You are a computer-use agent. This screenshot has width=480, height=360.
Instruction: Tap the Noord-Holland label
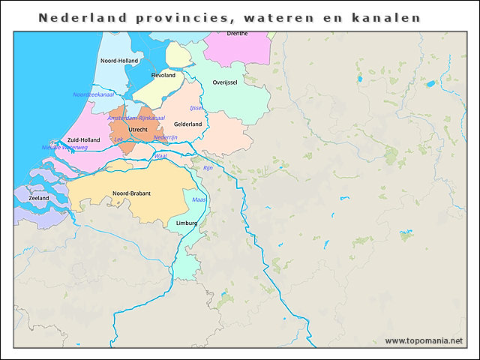(x=118, y=61)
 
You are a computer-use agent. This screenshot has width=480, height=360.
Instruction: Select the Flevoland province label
(x=163, y=76)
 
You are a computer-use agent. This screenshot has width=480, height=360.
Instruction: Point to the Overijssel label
(x=225, y=82)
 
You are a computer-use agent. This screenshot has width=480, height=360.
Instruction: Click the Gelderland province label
(x=187, y=124)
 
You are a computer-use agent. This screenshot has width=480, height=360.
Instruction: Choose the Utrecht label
(x=138, y=130)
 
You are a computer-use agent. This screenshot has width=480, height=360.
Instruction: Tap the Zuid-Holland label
(x=83, y=140)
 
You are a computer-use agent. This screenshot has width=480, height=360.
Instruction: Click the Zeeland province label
(x=39, y=198)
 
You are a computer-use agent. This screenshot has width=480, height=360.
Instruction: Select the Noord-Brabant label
(x=131, y=193)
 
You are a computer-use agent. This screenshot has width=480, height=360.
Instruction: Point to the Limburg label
(x=186, y=223)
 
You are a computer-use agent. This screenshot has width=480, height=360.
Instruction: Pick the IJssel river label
(x=197, y=108)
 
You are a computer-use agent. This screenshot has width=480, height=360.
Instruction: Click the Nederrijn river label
(x=165, y=138)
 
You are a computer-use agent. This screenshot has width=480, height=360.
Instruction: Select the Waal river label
(x=160, y=156)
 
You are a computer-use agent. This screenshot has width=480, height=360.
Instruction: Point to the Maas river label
(x=199, y=200)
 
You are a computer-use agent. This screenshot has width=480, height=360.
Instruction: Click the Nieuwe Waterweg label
(x=64, y=148)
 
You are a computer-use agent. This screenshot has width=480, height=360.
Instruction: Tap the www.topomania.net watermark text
(x=424, y=340)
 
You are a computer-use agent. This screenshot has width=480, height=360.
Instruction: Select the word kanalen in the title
(x=386, y=17)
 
